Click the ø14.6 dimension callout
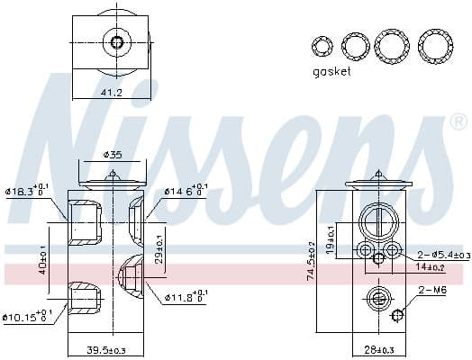pos(186,191)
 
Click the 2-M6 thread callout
pos(431,290)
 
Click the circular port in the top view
pos(114,41)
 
